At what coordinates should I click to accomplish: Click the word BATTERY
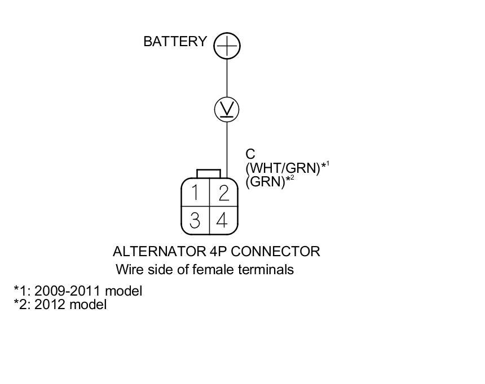click(x=175, y=42)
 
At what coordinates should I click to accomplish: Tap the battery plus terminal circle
click(x=227, y=46)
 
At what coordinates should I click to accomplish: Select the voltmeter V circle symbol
click(x=227, y=109)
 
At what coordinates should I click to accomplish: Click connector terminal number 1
click(x=195, y=193)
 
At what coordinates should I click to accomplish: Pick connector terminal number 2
click(x=223, y=193)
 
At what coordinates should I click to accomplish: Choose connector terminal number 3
click(x=195, y=220)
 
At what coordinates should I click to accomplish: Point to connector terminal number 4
click(x=223, y=220)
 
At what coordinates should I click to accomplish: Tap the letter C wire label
click(x=250, y=154)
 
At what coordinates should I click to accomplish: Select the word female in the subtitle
click(x=211, y=270)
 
